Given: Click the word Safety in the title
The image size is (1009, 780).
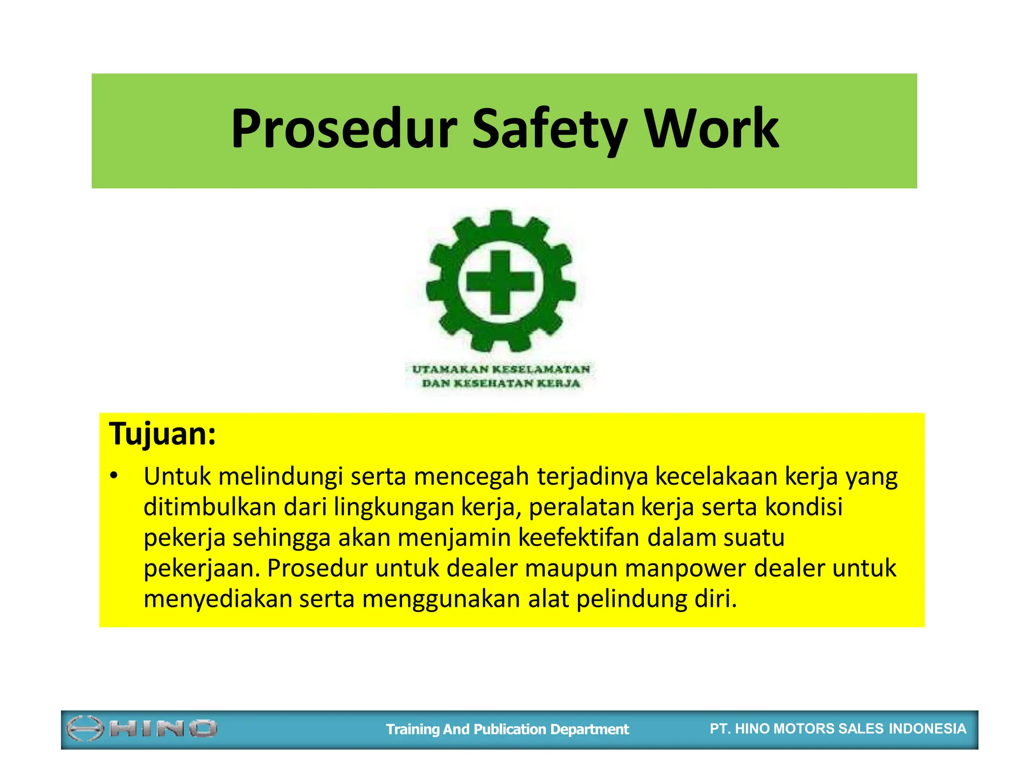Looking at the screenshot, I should pyautogui.click(x=549, y=129).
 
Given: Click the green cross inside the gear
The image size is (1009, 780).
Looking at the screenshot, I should pyautogui.click(x=500, y=283).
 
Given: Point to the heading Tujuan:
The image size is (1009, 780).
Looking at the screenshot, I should pyautogui.click(x=163, y=434).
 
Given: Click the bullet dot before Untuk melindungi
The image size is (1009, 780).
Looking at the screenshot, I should pyautogui.click(x=114, y=476).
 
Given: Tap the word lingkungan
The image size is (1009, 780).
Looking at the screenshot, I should pyautogui.click(x=394, y=507).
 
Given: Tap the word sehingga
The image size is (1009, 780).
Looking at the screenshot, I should pyautogui.click(x=281, y=538).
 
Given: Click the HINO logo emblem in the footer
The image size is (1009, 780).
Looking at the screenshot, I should pyautogui.click(x=84, y=729).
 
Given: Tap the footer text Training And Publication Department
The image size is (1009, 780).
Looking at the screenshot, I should pyautogui.click(x=507, y=729).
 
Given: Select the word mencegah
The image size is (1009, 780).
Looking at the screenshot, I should pyautogui.click(x=471, y=476).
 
